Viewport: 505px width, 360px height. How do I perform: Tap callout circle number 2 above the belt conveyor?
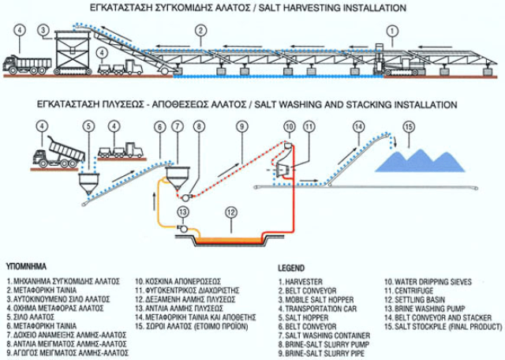(x=202, y=31)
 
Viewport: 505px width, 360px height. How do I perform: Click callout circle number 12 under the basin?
(x=230, y=212)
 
